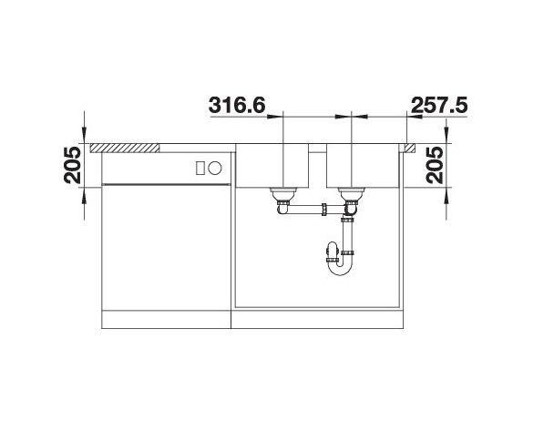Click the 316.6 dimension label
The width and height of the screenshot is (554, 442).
pyautogui.click(x=237, y=105)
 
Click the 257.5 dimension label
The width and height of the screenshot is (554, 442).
pyautogui.click(x=440, y=105)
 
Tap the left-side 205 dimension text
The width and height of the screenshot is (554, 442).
pyautogui.click(x=72, y=165)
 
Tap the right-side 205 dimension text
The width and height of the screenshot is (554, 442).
pyautogui.click(x=435, y=165)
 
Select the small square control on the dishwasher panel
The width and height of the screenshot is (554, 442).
pyautogui.click(x=200, y=168)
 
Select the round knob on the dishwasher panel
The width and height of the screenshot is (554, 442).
pyautogui.click(x=215, y=168)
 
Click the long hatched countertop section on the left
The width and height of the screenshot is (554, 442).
pyautogui.click(x=125, y=148)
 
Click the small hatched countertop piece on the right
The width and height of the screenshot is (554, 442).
pyautogui.click(x=410, y=148)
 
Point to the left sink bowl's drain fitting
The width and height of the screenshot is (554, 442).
pyautogui.click(x=282, y=194)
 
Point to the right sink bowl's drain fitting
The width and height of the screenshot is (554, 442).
pyautogui.click(x=351, y=194)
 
